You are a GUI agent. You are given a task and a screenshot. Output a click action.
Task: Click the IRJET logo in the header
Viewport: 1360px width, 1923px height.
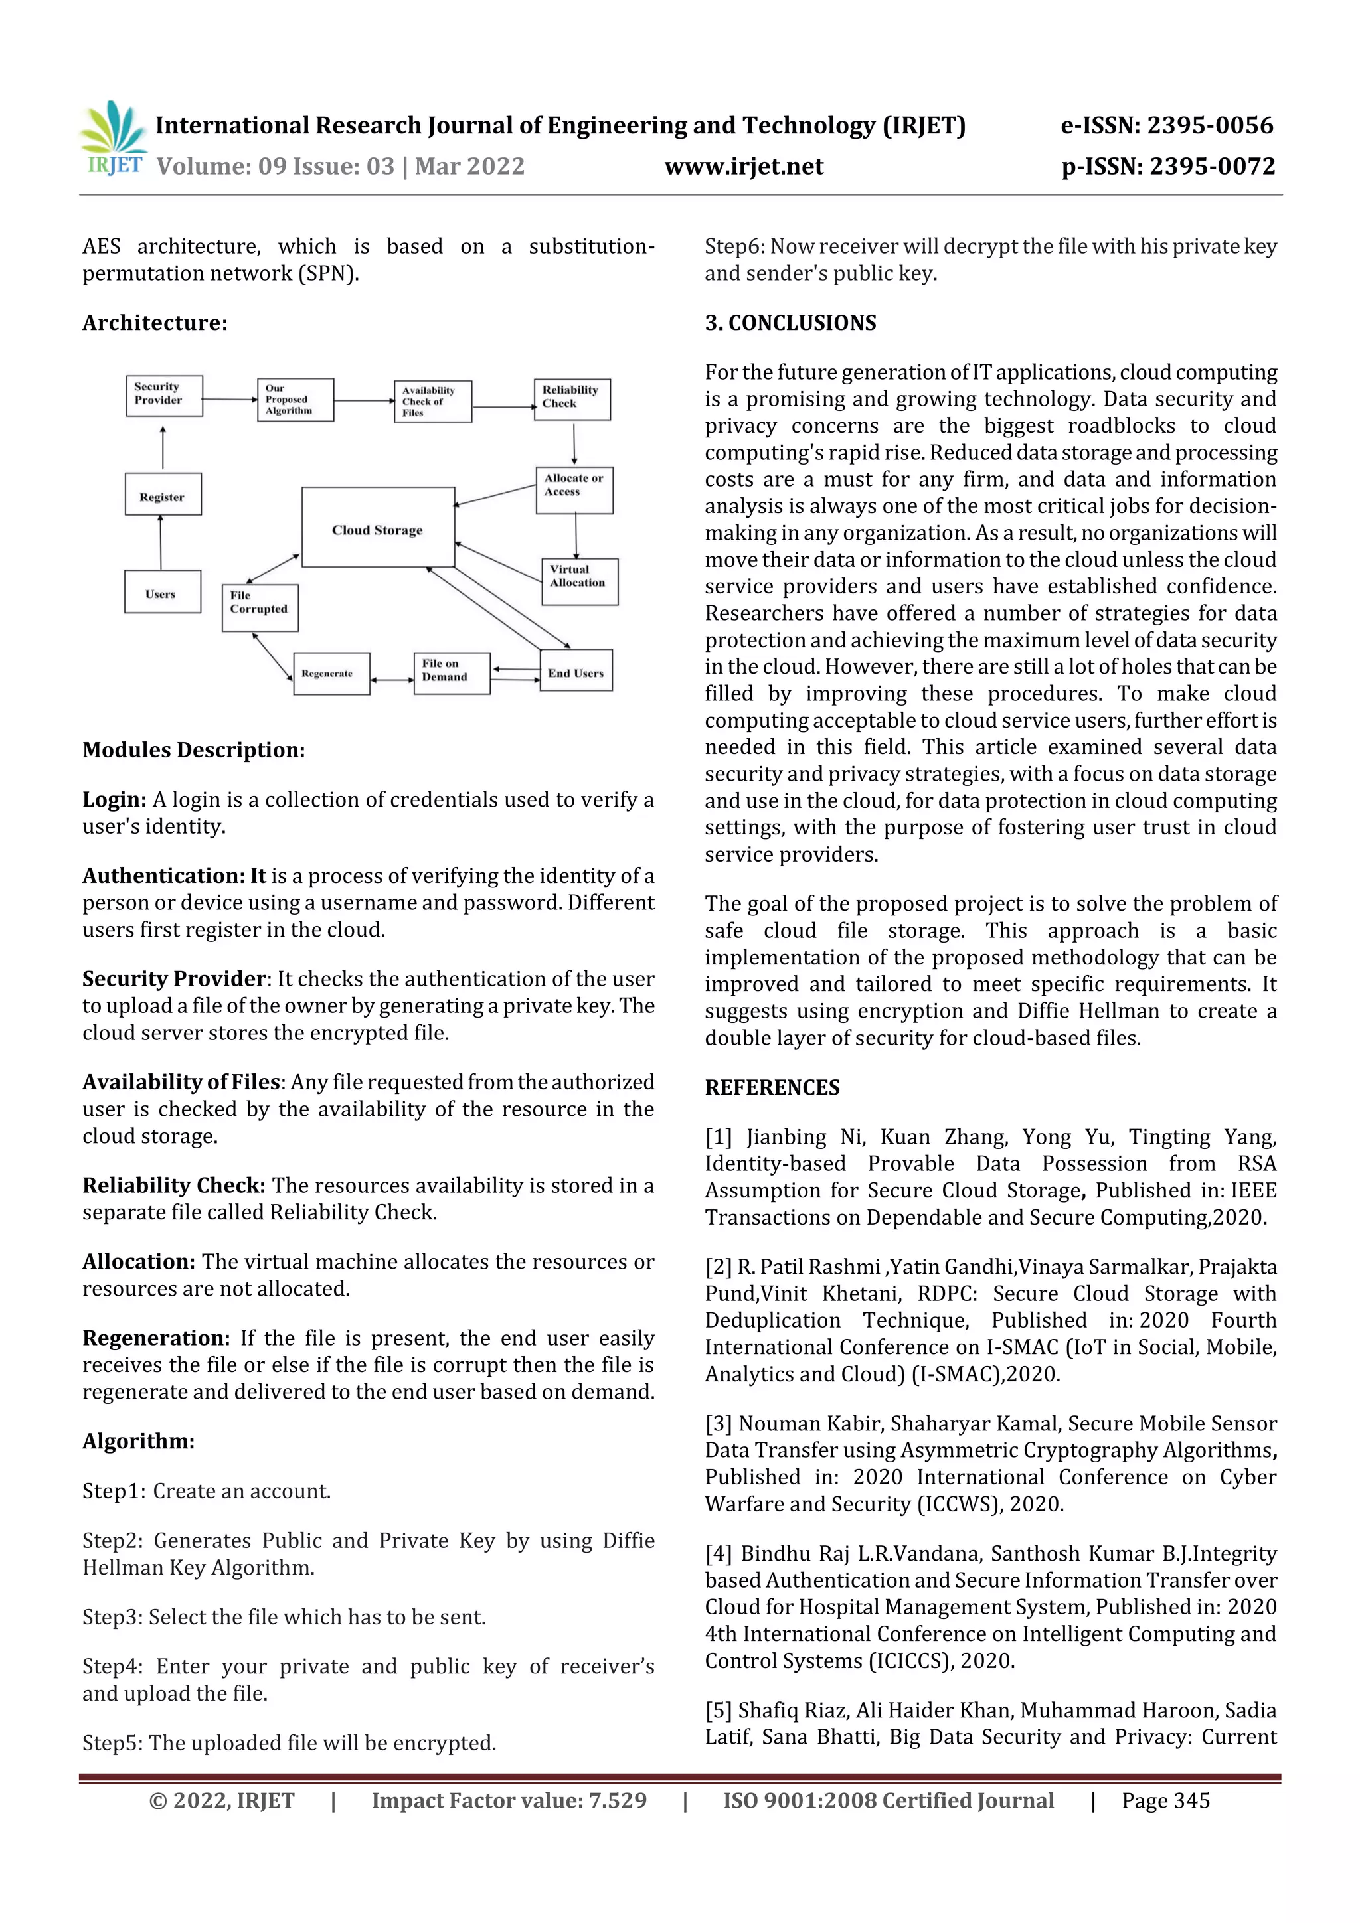tap(113, 138)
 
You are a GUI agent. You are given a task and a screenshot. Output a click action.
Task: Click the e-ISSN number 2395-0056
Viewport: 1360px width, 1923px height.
tap(1209, 125)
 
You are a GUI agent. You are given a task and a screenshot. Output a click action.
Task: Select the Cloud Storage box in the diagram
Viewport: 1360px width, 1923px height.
tap(378, 528)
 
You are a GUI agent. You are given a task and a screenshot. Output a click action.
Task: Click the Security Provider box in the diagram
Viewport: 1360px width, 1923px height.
tap(163, 396)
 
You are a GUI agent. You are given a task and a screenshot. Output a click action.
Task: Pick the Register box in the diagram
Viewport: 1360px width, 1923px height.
tap(163, 495)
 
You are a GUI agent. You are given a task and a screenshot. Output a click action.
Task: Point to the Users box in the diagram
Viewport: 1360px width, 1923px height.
tap(162, 592)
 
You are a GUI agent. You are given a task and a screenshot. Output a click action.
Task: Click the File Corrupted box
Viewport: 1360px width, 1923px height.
tap(260, 607)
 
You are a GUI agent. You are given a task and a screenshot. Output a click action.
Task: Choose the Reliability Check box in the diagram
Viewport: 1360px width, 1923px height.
tap(572, 399)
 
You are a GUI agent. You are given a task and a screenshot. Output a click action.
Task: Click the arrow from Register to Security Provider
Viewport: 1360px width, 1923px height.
tap(163, 448)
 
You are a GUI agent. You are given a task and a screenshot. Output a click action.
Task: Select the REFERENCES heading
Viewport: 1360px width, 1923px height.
tap(772, 1087)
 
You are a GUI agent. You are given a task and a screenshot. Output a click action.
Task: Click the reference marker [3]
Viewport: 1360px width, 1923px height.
tap(718, 1424)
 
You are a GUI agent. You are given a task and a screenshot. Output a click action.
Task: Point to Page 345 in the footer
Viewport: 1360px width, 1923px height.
tap(1165, 1801)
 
